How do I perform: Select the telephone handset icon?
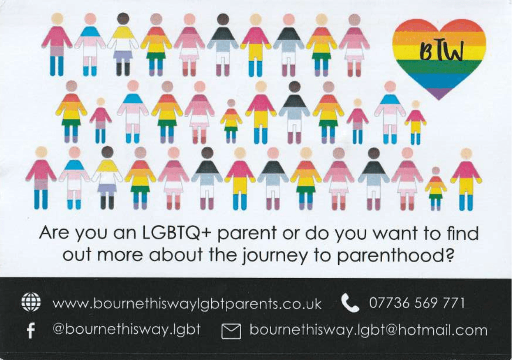tap(350, 302)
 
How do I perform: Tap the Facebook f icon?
tap(31, 331)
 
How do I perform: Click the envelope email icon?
tap(231, 331)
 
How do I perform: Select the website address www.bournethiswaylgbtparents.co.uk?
tap(187, 304)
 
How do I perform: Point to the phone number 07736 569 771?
tap(416, 302)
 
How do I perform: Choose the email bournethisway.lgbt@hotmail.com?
tap(368, 330)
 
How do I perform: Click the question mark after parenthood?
tap(449, 255)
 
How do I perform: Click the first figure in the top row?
tap(57, 44)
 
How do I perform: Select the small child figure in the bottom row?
tap(435, 189)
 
